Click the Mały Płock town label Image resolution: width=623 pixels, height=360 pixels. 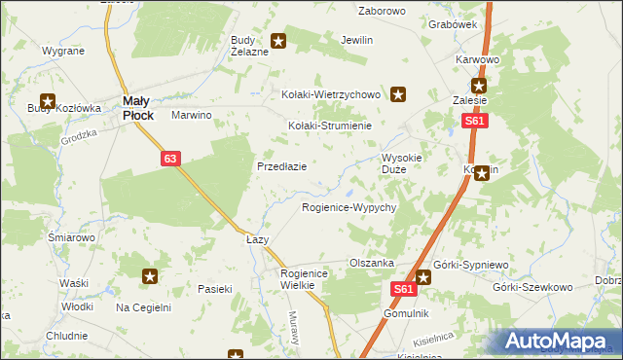click(x=136, y=107)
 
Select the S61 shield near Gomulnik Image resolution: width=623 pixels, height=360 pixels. click(x=406, y=289)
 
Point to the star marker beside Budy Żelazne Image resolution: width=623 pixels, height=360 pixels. click(x=278, y=41)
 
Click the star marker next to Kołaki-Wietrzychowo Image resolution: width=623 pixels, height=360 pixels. click(x=398, y=94)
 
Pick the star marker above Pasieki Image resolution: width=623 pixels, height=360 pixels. click(x=150, y=277)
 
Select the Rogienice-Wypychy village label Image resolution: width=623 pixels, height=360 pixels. click(x=348, y=208)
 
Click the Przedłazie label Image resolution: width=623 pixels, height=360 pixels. click(x=282, y=166)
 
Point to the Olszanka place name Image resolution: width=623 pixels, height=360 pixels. click(x=371, y=263)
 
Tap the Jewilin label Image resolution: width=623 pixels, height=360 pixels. click(x=357, y=41)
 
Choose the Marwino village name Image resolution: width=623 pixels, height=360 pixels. click(x=192, y=115)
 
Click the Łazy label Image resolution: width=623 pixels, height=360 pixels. click(x=257, y=239)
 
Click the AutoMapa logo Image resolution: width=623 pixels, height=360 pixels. click(x=560, y=341)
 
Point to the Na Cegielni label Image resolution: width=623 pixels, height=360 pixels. click(x=143, y=307)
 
